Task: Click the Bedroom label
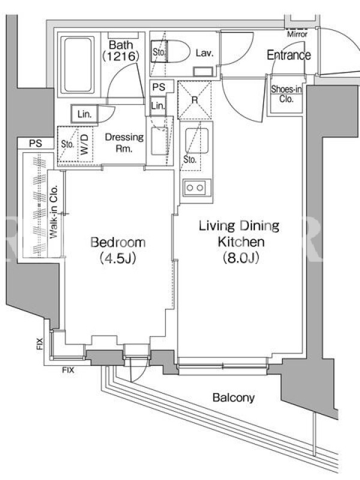(x=118, y=242)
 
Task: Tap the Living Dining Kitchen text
(x=239, y=234)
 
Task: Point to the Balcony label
(x=233, y=398)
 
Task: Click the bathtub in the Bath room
(x=78, y=65)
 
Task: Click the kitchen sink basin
(x=197, y=141)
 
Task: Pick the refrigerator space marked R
(x=194, y=100)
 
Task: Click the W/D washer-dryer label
(x=85, y=144)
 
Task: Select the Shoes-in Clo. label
(x=286, y=94)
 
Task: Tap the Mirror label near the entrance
(x=297, y=34)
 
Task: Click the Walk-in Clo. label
(x=54, y=212)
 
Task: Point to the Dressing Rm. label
(x=124, y=143)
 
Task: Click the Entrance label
(x=289, y=55)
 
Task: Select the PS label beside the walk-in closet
(x=36, y=143)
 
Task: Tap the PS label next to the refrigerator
(x=158, y=87)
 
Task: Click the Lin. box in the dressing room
(x=85, y=114)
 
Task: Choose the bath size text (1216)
(x=121, y=56)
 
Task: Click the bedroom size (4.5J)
(x=118, y=259)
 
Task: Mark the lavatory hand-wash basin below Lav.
(x=203, y=72)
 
